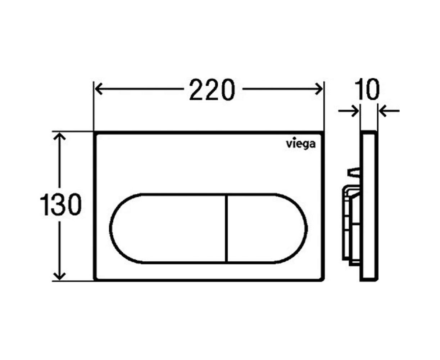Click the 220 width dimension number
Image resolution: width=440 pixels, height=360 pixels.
(x=212, y=90)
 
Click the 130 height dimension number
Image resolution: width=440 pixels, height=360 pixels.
(x=60, y=204)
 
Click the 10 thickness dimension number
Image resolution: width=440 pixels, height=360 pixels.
(x=367, y=89)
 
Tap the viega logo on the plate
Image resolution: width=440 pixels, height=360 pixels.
(x=300, y=144)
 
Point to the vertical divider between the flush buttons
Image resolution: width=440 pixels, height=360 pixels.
(x=226, y=229)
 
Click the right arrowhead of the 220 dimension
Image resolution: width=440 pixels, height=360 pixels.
(x=318, y=89)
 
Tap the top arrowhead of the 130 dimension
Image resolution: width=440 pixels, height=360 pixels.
(x=60, y=137)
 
